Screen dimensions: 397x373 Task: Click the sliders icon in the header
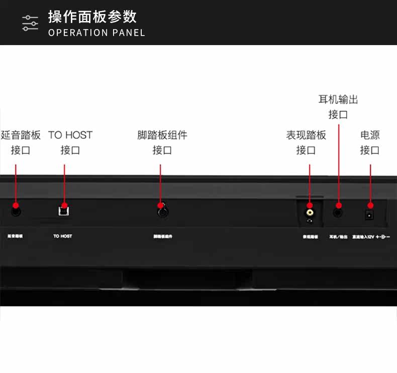tap(30, 23)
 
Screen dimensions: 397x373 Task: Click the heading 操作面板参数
tap(92, 17)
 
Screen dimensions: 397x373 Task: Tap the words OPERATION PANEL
tap(96, 33)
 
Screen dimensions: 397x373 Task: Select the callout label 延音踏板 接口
tap(21, 142)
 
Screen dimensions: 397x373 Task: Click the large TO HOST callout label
tap(70, 142)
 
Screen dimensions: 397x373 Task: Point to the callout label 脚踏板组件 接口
tap(162, 142)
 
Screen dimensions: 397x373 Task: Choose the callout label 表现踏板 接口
tap(306, 142)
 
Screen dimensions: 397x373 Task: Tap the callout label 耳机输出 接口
tap(338, 107)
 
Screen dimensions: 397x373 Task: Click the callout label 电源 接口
tap(370, 142)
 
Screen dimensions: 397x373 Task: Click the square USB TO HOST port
tap(63, 210)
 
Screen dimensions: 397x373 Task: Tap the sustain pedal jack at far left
tap(16, 211)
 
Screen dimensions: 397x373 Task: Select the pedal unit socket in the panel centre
tap(162, 212)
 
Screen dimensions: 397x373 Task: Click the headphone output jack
tap(338, 212)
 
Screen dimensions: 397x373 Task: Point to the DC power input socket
tap(369, 214)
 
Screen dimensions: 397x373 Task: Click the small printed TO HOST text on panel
tap(63, 236)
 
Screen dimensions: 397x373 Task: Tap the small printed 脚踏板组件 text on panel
tap(163, 236)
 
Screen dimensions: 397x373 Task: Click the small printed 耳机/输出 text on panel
tap(338, 236)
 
